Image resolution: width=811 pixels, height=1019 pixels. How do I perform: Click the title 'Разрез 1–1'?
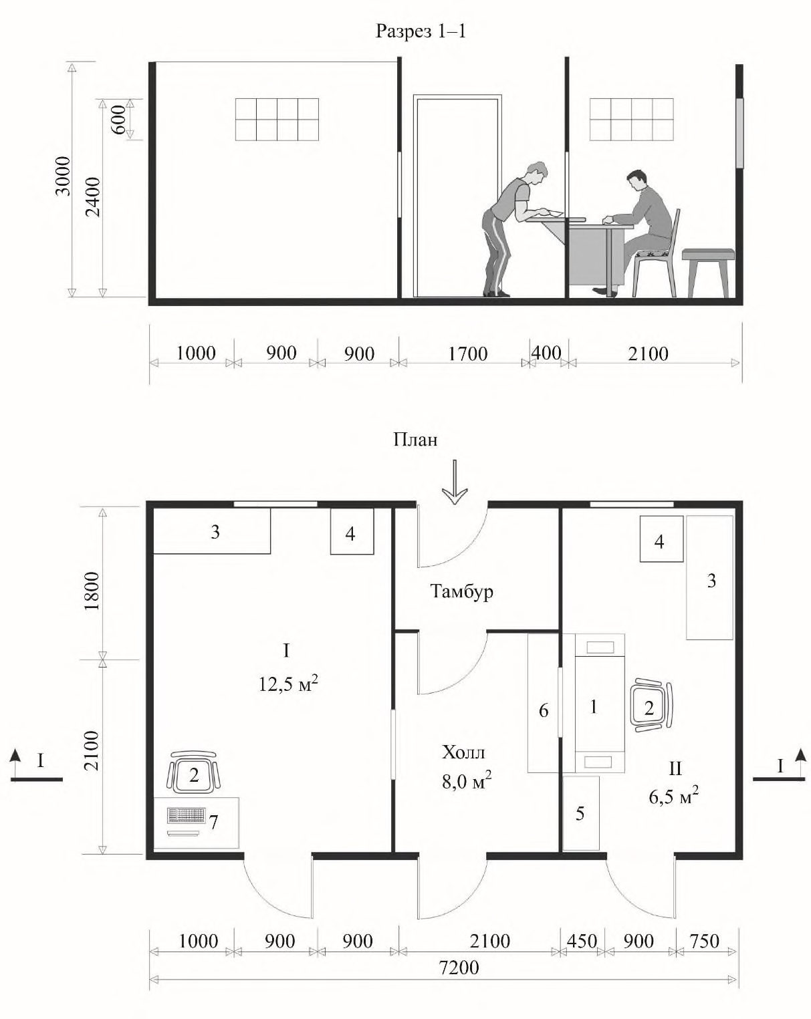(421, 31)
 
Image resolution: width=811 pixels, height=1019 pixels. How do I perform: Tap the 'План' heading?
(415, 440)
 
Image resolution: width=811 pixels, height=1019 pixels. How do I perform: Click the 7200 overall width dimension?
(459, 967)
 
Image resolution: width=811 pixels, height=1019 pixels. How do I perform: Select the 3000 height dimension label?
(63, 176)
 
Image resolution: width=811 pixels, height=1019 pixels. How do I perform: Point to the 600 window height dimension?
(120, 120)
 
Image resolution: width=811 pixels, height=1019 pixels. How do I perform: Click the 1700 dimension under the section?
(467, 353)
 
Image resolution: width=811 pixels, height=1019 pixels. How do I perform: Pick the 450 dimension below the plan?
(581, 941)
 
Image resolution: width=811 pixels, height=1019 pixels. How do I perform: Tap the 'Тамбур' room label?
(462, 591)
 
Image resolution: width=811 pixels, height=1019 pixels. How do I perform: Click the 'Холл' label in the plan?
(463, 752)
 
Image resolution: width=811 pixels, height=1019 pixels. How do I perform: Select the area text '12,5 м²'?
(288, 684)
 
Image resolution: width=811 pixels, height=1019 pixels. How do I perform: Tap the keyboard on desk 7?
(187, 815)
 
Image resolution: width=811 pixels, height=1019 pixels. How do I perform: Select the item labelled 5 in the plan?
(581, 813)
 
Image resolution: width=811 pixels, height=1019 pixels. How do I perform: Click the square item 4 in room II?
(661, 539)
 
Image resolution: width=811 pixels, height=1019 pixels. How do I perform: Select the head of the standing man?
(537, 173)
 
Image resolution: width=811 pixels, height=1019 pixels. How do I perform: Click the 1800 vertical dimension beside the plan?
(92, 591)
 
